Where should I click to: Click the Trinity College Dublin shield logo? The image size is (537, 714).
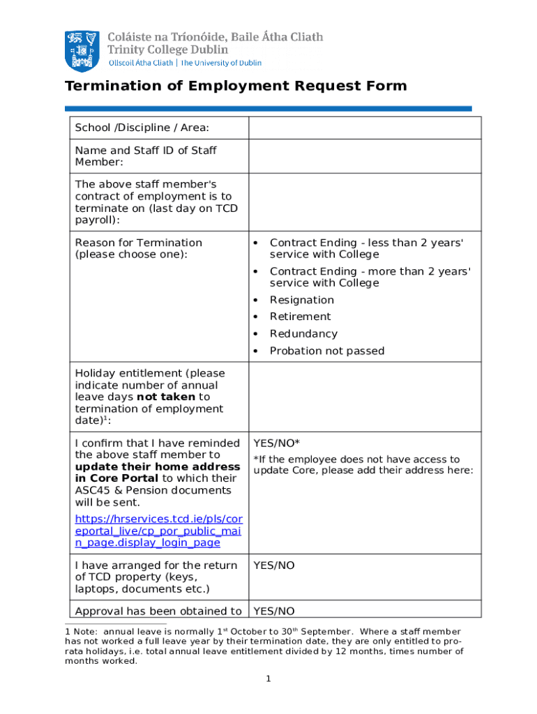click(82, 50)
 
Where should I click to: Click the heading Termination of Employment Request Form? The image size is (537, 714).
click(235, 86)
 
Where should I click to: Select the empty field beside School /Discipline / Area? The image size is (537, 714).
click(364, 128)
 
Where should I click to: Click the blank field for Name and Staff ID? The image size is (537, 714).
click(364, 156)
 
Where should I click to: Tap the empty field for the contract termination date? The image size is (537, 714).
click(364, 202)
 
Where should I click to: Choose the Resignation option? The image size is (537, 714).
click(301, 300)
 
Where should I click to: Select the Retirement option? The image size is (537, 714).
click(300, 317)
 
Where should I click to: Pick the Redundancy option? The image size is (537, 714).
click(303, 334)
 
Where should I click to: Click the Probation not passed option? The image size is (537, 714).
click(326, 351)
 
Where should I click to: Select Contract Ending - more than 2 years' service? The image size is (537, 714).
click(370, 277)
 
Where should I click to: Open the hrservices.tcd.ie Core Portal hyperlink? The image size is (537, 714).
click(158, 531)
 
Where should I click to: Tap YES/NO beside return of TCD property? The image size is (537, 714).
click(273, 565)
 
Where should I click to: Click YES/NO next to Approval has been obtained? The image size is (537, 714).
click(273, 612)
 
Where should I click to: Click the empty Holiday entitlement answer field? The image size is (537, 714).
click(364, 397)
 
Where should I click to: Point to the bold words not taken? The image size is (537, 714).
click(166, 397)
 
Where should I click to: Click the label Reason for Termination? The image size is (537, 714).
click(138, 243)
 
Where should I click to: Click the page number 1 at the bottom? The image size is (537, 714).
click(268, 679)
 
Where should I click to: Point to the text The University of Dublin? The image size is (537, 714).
click(221, 63)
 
